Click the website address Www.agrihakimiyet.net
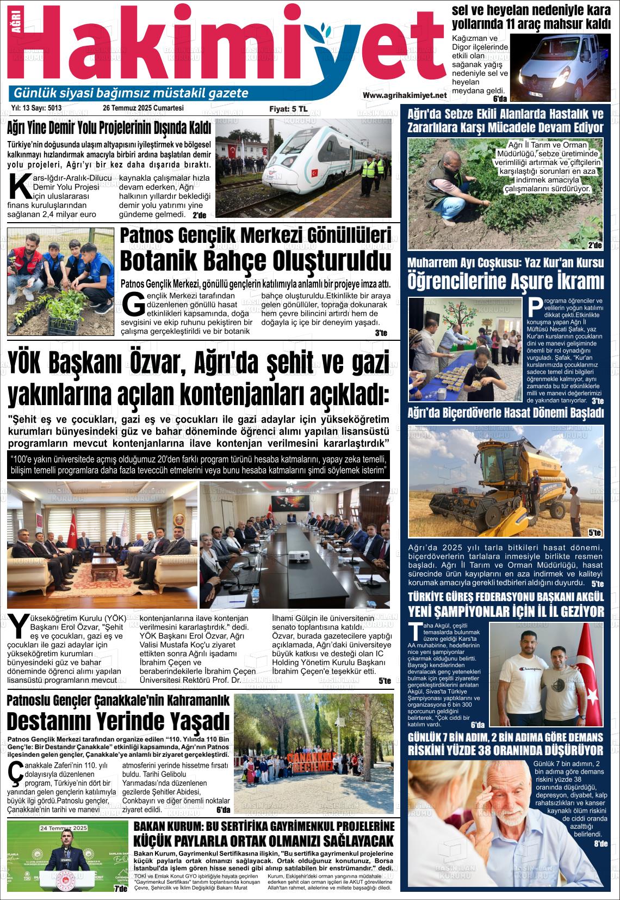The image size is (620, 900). point(404,95)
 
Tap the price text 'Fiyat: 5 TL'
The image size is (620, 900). point(288,109)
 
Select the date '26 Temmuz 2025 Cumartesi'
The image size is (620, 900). point(144,108)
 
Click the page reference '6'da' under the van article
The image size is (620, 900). point(499,99)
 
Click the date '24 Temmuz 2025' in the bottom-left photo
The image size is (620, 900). point(64,828)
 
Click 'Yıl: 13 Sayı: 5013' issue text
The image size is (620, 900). point(36,108)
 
